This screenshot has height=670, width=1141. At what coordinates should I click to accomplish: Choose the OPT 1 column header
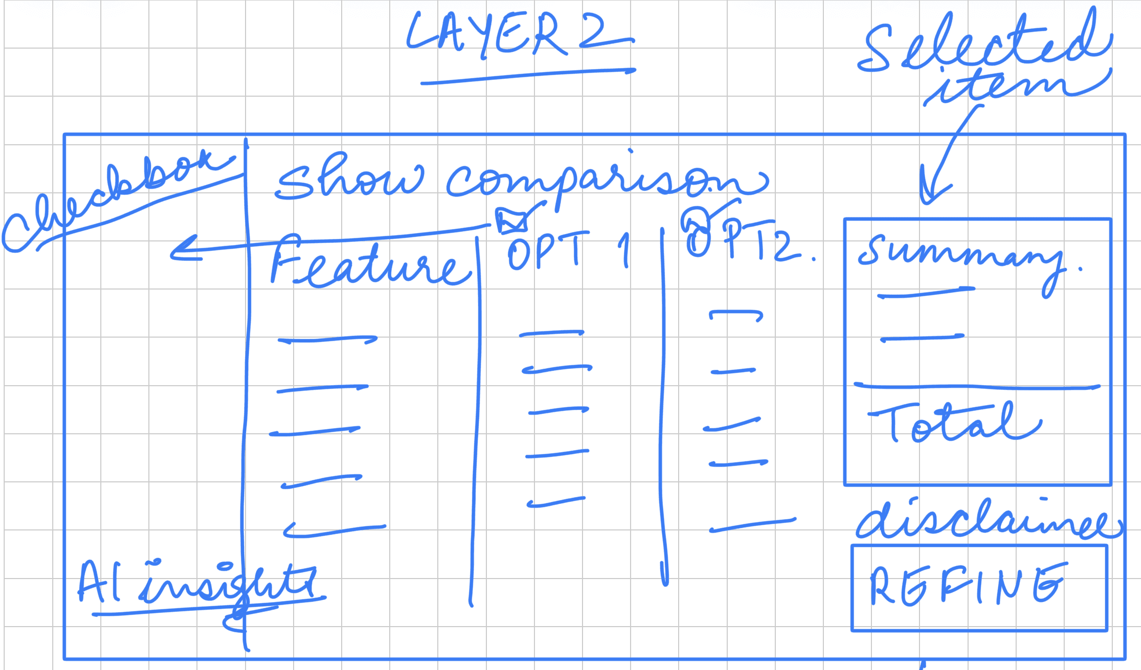coord(567,251)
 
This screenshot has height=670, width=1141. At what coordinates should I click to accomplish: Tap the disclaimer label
coord(987,520)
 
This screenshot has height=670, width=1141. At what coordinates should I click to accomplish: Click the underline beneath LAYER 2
coord(528,76)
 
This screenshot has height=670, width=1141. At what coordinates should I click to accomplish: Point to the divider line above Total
coord(977,387)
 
